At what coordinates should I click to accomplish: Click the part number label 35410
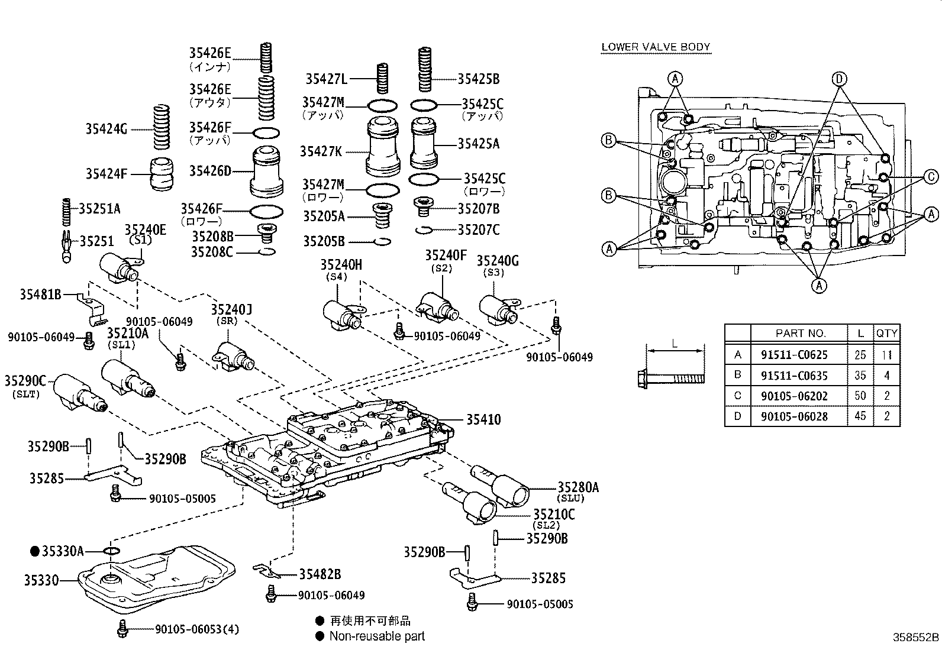[x=483, y=419]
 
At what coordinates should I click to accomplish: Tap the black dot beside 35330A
[x=34, y=551]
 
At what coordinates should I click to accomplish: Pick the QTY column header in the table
[x=886, y=333]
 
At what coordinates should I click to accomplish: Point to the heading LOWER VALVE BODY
[x=655, y=47]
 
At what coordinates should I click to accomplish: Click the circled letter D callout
[x=838, y=79]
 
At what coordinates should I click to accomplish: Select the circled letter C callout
[x=931, y=176]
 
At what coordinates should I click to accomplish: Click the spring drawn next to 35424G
[x=159, y=128]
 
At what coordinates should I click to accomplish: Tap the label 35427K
[x=320, y=151]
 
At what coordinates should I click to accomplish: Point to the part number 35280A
[x=578, y=487]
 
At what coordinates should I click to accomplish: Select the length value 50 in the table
[x=860, y=396]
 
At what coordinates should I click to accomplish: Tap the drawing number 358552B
[x=915, y=638]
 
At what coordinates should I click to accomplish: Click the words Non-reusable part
[x=376, y=636]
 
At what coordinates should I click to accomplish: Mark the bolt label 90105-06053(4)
[x=197, y=629]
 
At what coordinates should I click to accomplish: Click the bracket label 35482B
[x=320, y=574]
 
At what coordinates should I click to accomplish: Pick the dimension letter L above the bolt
[x=674, y=344]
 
